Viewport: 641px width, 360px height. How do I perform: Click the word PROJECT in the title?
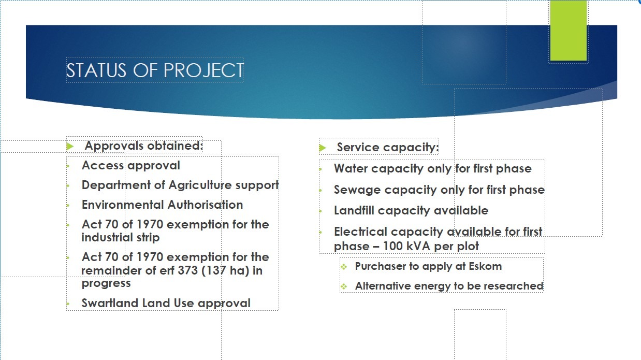click(203, 70)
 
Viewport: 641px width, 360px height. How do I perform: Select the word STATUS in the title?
click(96, 70)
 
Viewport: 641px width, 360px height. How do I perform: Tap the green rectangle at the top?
click(569, 31)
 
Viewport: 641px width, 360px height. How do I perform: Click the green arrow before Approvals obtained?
click(70, 147)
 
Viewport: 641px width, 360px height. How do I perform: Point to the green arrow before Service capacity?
click(323, 148)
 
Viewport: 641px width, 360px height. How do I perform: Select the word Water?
click(351, 168)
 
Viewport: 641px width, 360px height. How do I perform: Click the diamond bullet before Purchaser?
click(344, 267)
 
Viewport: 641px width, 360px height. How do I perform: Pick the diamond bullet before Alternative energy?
click(344, 286)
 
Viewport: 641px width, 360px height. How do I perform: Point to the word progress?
click(106, 284)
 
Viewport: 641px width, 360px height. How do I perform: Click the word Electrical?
click(360, 232)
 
